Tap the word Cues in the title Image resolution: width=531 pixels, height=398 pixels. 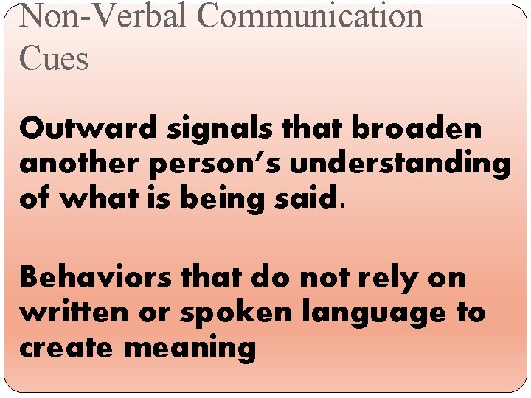(x=54, y=57)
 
